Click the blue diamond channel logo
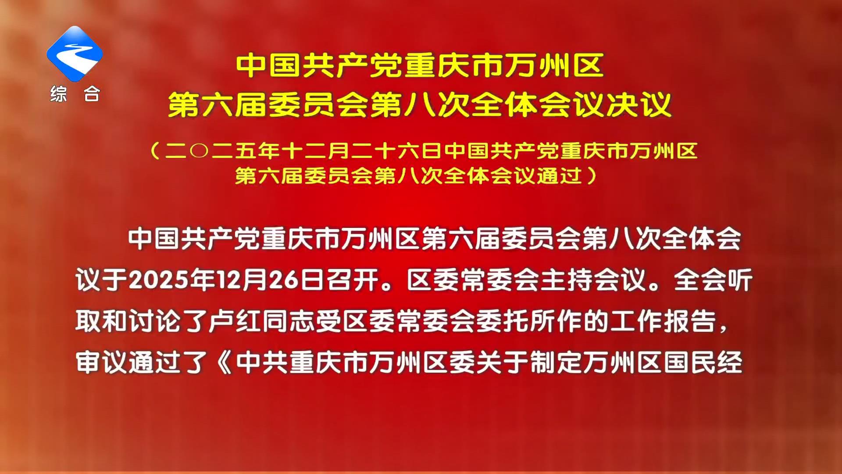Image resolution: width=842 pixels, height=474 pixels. pyautogui.click(x=75, y=54)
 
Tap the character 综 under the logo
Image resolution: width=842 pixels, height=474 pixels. pyautogui.click(x=58, y=93)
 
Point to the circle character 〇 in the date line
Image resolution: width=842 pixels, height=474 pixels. pyautogui.click(x=200, y=151)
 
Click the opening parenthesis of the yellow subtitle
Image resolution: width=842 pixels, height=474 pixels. pyautogui.click(x=154, y=151)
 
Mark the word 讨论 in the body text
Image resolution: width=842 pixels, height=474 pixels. pyautogui.click(x=155, y=322)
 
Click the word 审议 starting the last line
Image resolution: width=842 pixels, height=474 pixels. pyautogui.click(x=102, y=363)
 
